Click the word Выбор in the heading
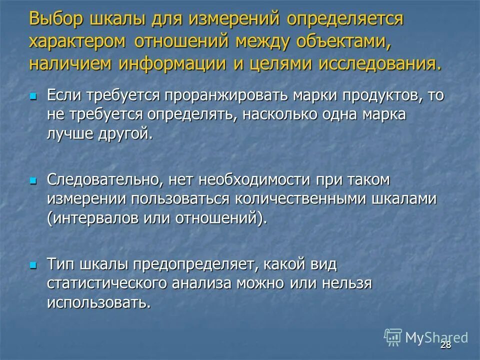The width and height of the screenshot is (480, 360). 56,20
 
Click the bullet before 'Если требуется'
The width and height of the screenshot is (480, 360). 33,95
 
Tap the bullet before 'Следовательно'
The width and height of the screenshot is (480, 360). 33,180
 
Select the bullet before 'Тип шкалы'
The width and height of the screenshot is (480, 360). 33,264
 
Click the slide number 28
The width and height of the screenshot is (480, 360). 445,345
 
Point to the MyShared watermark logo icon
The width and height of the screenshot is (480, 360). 393,337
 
